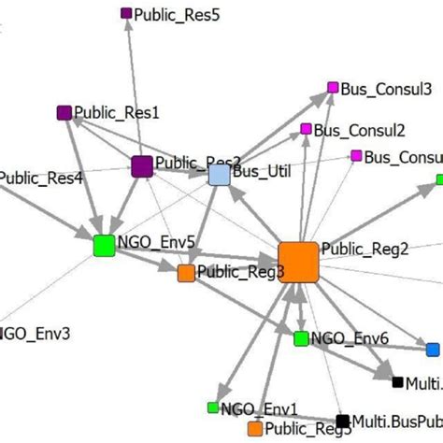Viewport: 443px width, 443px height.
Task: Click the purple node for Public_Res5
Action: [x=127, y=13]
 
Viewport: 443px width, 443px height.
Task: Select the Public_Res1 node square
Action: [x=64, y=113]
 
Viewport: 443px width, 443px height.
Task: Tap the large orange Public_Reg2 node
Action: [x=298, y=261]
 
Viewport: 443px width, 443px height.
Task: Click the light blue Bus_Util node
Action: [x=219, y=175]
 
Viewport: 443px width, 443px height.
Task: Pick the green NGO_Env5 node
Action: [x=105, y=246]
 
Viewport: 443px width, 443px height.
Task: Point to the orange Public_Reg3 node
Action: [x=186, y=273]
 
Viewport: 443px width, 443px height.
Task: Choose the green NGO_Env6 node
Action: [x=301, y=338]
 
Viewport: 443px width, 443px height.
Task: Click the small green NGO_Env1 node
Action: [x=212, y=407]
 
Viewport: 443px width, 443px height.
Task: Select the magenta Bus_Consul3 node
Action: [x=332, y=88]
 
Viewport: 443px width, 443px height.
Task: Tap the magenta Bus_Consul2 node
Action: [x=305, y=129]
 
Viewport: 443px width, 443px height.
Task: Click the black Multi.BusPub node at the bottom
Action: [x=342, y=422]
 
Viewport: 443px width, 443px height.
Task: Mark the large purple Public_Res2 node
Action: [x=142, y=166]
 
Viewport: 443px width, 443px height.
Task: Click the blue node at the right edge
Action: [x=432, y=350]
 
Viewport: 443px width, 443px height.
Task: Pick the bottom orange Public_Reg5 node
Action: [x=254, y=429]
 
